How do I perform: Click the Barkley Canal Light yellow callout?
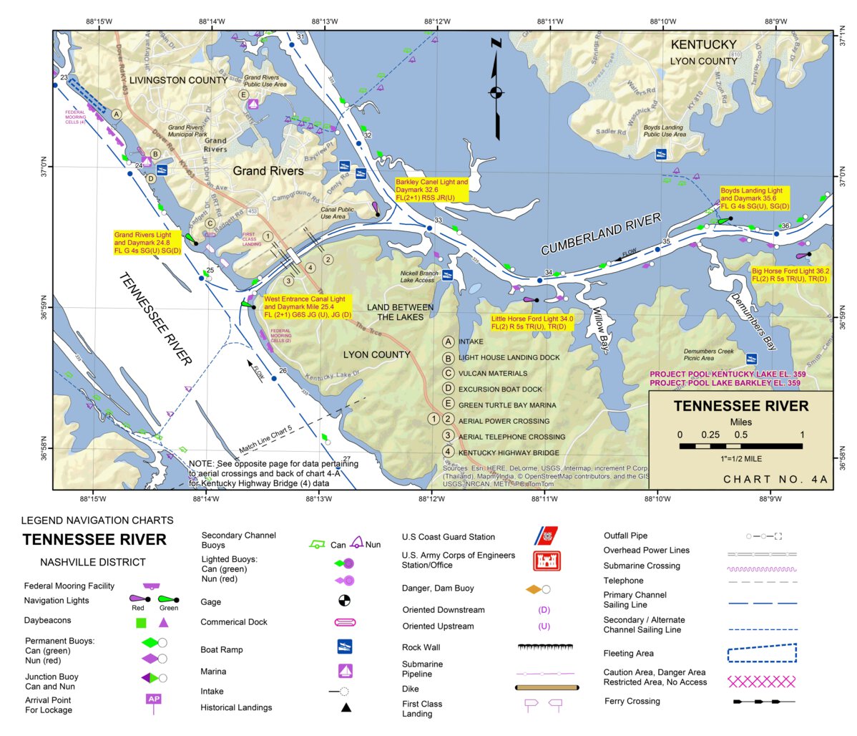click(x=432, y=190)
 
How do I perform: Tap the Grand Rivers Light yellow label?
click(x=148, y=243)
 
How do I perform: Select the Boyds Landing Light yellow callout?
click(x=754, y=198)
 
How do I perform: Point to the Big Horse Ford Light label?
click(x=790, y=275)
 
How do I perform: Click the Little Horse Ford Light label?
click(x=532, y=323)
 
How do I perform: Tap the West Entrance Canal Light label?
click(x=307, y=306)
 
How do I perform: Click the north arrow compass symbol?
click(x=496, y=92)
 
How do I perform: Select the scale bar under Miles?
click(x=740, y=446)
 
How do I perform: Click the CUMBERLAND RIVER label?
click(x=600, y=234)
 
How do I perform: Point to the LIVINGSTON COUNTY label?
click(x=178, y=80)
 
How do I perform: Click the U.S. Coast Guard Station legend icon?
click(x=547, y=536)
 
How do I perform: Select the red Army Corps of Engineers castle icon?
click(x=547, y=560)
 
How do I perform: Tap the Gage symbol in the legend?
click(x=344, y=601)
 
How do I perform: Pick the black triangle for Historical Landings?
click(x=346, y=707)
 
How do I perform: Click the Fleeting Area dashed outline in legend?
click(x=761, y=653)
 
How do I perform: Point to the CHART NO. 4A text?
click(x=765, y=480)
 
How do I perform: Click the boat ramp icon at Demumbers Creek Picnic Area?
click(x=752, y=359)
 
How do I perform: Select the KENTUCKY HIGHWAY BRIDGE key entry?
click(x=509, y=452)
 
